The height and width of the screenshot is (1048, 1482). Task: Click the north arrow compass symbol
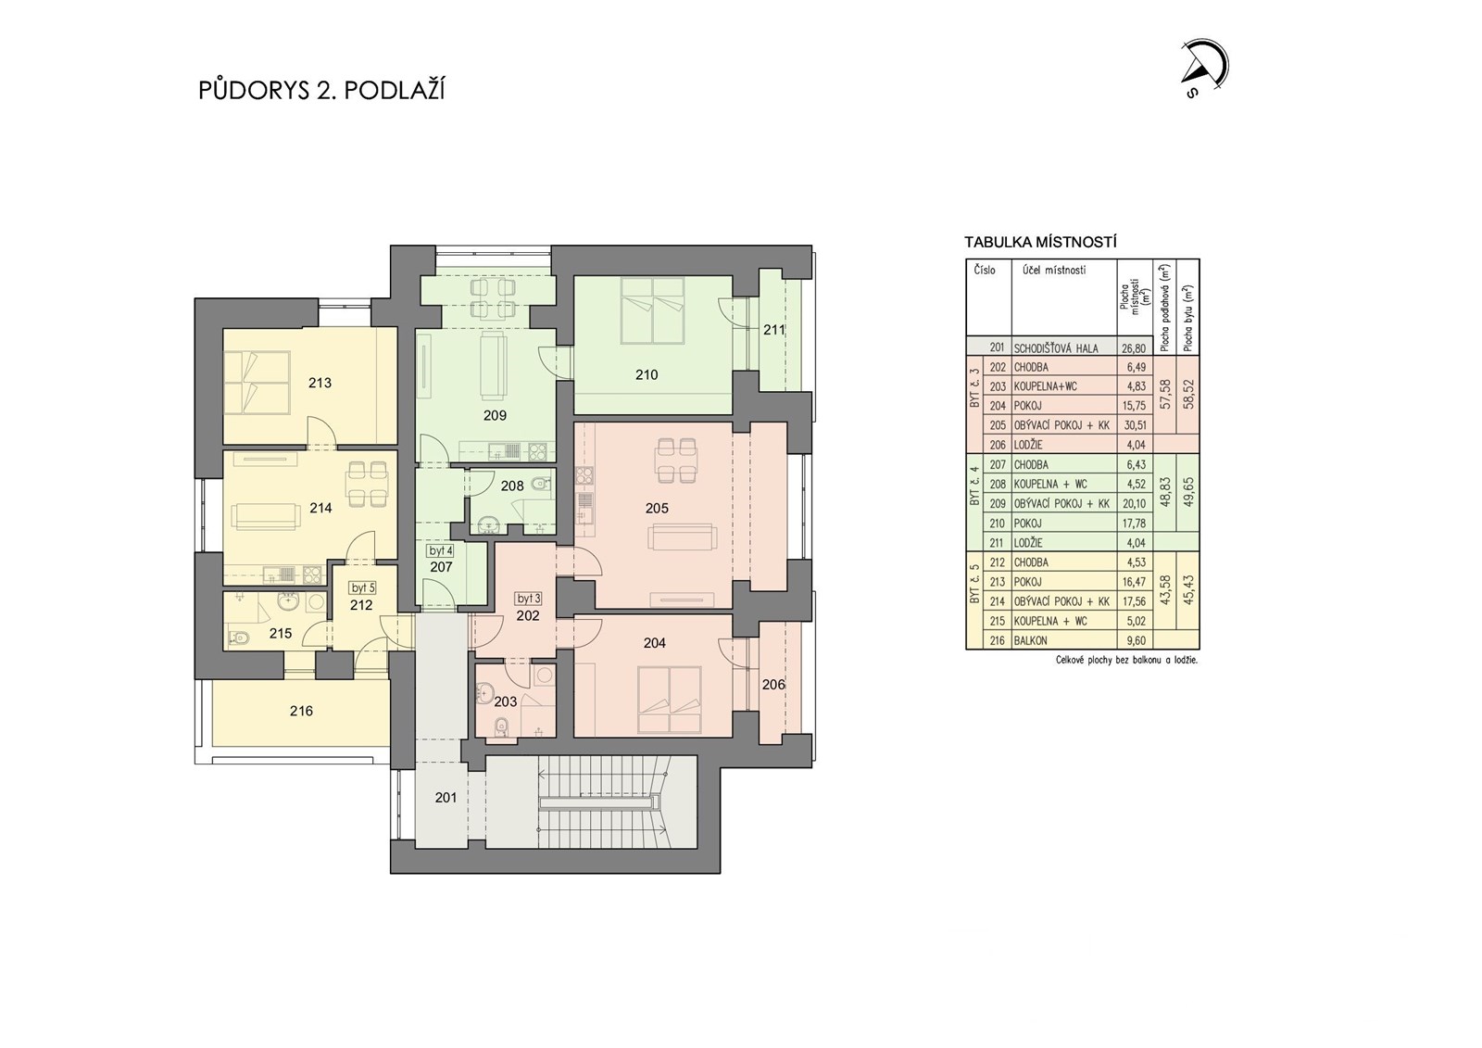pos(1206,69)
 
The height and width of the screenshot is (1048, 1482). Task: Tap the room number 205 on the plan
pos(657,508)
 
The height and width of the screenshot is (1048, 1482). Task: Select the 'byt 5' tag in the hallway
pos(363,587)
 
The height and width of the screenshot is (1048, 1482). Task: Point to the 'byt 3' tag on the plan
pos(529,599)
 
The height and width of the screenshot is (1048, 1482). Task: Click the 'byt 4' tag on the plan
pos(440,550)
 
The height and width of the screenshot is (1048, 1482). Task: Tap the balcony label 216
pos(301,711)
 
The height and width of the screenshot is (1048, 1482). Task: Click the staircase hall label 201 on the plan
pos(446,798)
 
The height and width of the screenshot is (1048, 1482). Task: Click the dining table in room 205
pos(675,461)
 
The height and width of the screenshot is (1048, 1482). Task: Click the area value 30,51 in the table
pos(1136,425)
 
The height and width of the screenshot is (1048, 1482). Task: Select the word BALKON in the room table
pos(1029,641)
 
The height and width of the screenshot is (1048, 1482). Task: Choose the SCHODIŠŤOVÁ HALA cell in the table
pos(1056,348)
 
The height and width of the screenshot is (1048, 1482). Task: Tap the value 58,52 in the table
pos(1189,394)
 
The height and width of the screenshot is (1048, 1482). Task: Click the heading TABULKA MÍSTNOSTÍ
pos(1040,242)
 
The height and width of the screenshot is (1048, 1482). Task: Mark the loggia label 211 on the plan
pos(773,329)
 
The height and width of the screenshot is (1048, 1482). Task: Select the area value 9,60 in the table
pos(1137,641)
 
